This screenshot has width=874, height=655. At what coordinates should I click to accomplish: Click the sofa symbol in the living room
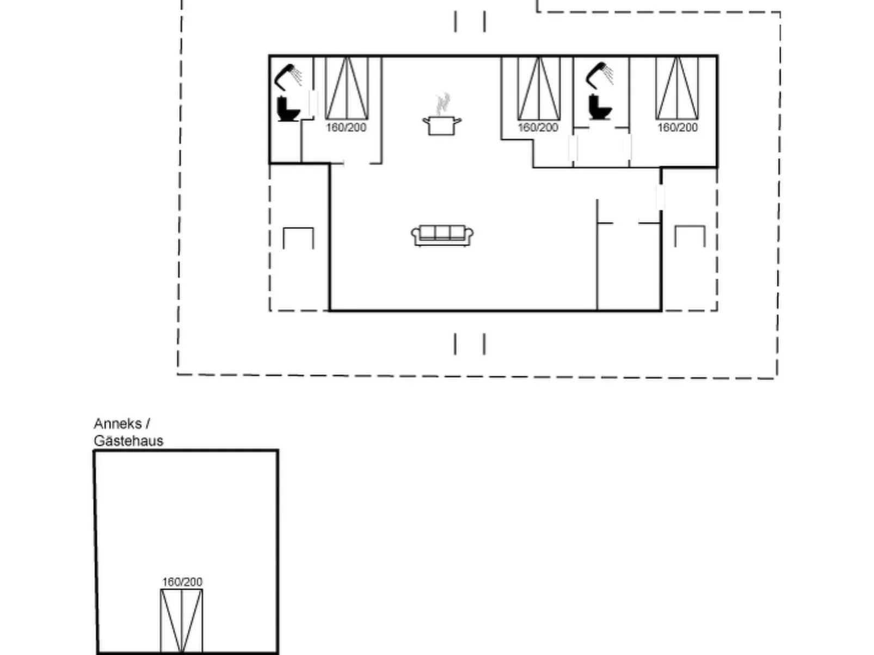[x=442, y=235]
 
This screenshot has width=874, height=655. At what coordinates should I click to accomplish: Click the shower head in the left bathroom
[x=287, y=76]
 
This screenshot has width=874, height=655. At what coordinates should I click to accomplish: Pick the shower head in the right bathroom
[x=599, y=75]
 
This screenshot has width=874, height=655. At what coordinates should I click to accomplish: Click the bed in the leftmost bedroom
[x=347, y=88]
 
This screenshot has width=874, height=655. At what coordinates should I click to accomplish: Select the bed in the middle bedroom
[x=539, y=88]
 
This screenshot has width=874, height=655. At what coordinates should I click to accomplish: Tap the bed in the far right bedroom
[x=678, y=88]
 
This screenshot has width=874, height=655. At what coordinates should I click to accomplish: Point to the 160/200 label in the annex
[x=182, y=582]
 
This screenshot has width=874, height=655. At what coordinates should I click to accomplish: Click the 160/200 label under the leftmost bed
[x=346, y=128]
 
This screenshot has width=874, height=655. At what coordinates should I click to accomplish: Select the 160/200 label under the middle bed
[x=538, y=128]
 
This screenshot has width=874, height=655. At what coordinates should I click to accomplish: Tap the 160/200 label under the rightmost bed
[x=678, y=128]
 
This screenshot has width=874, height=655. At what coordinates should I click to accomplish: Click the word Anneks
[x=118, y=424]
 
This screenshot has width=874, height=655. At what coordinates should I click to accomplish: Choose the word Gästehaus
[x=128, y=441]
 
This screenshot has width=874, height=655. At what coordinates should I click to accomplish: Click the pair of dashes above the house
[x=470, y=22]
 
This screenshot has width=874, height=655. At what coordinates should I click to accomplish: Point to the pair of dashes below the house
[x=470, y=344]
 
